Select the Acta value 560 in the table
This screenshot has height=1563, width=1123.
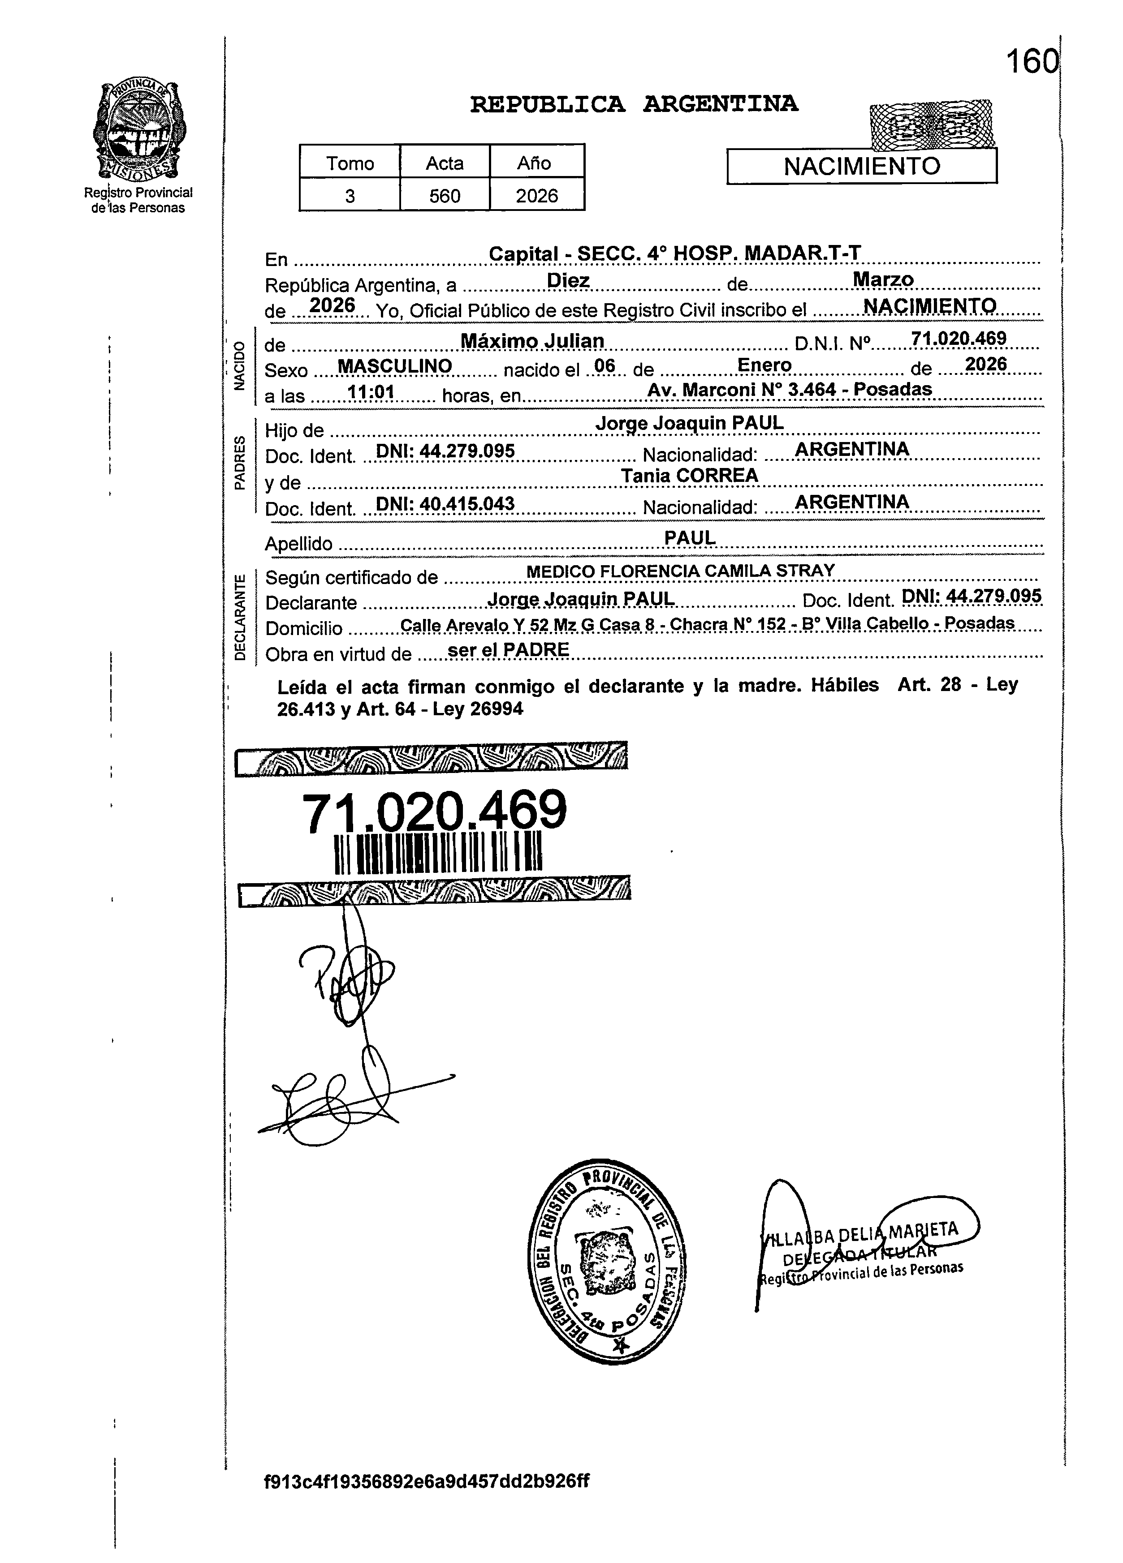pyautogui.click(x=445, y=197)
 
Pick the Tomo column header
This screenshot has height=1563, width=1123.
pyautogui.click(x=350, y=163)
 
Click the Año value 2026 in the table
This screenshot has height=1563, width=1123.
pyautogui.click(x=536, y=197)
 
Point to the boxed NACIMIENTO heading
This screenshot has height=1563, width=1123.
pyautogui.click(x=862, y=166)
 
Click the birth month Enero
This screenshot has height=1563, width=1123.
pyautogui.click(x=764, y=365)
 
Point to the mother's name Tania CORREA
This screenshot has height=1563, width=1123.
pyautogui.click(x=689, y=476)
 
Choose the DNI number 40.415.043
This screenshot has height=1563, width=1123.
pyautogui.click(x=466, y=504)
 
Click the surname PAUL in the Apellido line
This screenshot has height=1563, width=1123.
pyautogui.click(x=689, y=537)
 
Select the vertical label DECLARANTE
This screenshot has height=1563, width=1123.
pyautogui.click(x=239, y=617)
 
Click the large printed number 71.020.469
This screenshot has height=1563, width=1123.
pyautogui.click(x=434, y=811)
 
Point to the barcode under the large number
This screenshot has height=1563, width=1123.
pyautogui.click(x=438, y=854)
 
